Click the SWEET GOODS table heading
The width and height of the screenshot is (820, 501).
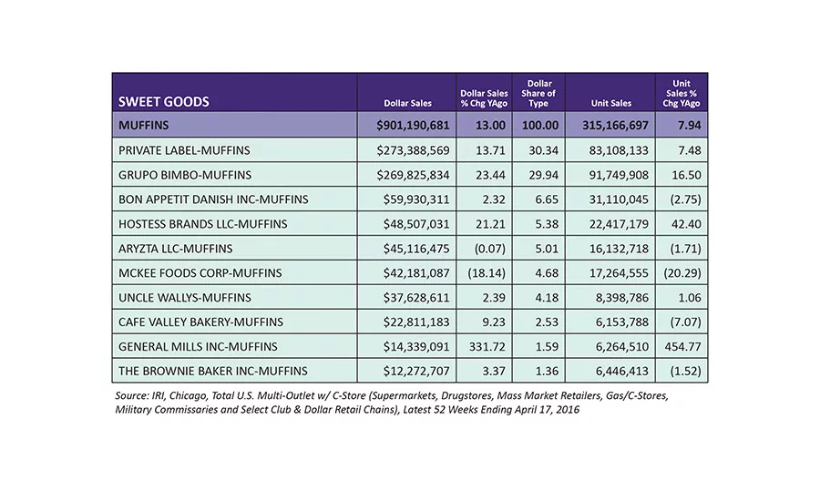pyautogui.click(x=164, y=101)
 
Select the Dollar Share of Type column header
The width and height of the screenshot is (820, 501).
pyautogui.click(x=538, y=93)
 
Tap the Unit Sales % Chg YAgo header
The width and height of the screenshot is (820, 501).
pyautogui.click(x=682, y=93)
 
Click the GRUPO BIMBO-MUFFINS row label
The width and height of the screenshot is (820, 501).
pyautogui.click(x=185, y=175)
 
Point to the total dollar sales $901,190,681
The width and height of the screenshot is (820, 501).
pyautogui.click(x=413, y=126)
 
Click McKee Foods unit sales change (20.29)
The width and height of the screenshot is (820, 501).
pyautogui.click(x=682, y=273)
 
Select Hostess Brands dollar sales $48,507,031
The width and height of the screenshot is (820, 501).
pyautogui.click(x=415, y=224)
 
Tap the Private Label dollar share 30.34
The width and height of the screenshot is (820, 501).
pyautogui.click(x=543, y=150)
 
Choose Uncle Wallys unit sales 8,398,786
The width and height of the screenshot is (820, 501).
pyautogui.click(x=621, y=298)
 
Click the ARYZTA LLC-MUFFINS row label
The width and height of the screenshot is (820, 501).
pyautogui.click(x=175, y=249)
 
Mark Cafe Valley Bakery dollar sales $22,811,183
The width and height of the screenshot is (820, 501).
pyautogui.click(x=415, y=322)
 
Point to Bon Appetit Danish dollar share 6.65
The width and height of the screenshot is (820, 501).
pyautogui.click(x=547, y=199)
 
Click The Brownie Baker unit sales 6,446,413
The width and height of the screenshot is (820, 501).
pyautogui.click(x=621, y=371)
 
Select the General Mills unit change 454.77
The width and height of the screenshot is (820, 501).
pyautogui.click(x=683, y=346)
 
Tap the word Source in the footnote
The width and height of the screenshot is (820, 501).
pyautogui.click(x=132, y=396)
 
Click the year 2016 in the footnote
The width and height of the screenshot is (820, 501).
pyautogui.click(x=568, y=410)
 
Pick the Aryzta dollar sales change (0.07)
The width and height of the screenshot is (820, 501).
pyautogui.click(x=490, y=249)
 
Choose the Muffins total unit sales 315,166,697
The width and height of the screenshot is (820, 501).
pyautogui.click(x=615, y=126)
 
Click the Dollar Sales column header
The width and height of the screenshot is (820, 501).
pyautogui.click(x=408, y=103)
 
